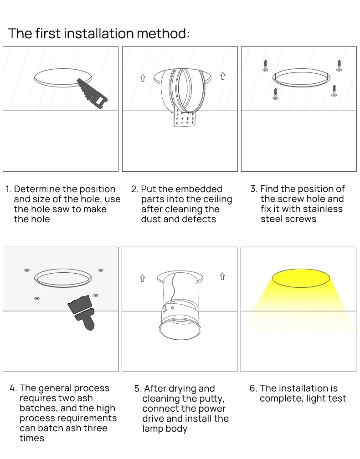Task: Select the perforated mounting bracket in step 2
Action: [x=185, y=117]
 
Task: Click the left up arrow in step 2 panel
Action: [x=143, y=78]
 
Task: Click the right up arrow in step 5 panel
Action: [x=222, y=276]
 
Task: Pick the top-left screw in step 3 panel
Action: [x=265, y=65]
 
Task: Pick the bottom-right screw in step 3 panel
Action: [x=334, y=91]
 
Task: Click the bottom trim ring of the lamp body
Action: [x=180, y=329]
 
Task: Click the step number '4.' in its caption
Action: [x=14, y=388]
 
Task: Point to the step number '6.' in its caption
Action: [x=253, y=388]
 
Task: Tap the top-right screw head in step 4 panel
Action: [x=101, y=270]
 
